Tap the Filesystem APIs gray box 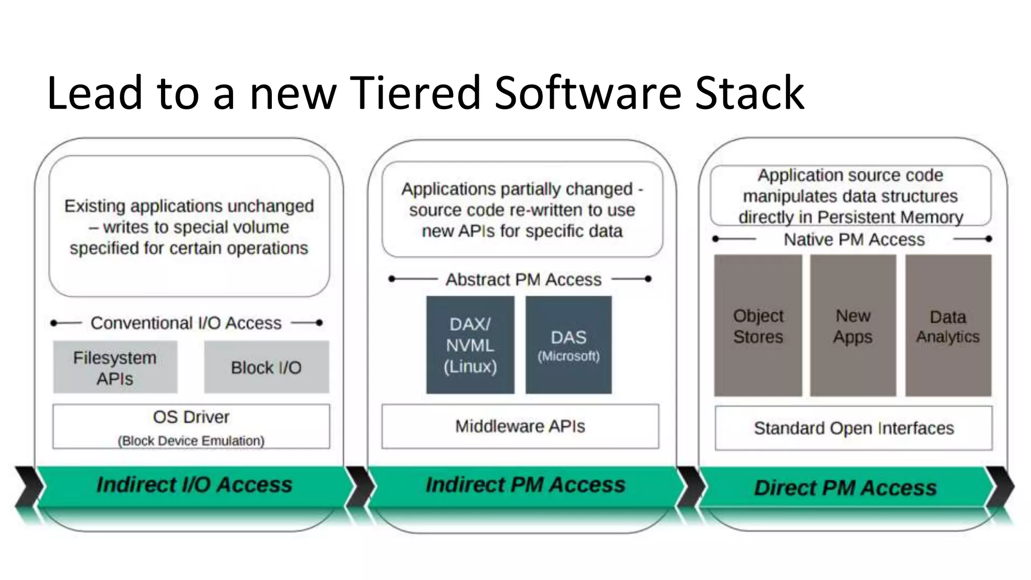[x=115, y=367]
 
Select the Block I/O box [x=266, y=367]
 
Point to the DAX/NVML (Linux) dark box [x=470, y=345]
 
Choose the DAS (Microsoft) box [x=568, y=345]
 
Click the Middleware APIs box [x=520, y=426]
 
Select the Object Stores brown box [x=758, y=326]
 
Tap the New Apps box [x=853, y=326]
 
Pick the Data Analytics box [x=948, y=326]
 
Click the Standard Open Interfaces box [x=854, y=428]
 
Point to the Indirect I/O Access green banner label [x=194, y=485]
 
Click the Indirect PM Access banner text [x=526, y=485]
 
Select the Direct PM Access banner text [x=845, y=488]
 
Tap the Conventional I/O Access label [x=186, y=323]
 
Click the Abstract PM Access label [x=523, y=279]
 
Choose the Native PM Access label [x=854, y=240]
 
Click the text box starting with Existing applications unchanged [x=189, y=227]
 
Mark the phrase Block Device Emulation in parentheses [x=191, y=441]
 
